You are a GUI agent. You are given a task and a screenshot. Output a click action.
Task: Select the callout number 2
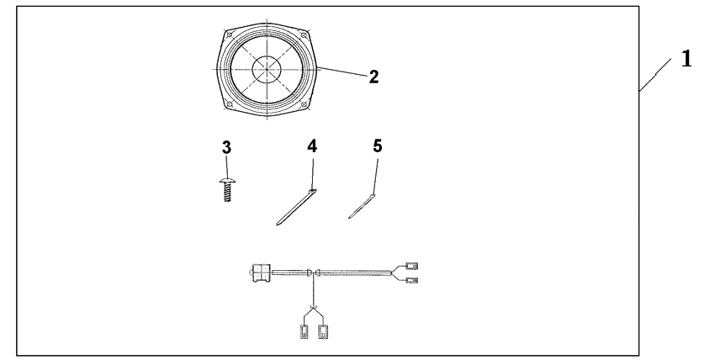click(373, 77)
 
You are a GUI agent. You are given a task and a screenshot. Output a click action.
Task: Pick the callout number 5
click(377, 146)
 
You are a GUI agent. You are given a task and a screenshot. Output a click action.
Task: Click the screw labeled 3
click(225, 186)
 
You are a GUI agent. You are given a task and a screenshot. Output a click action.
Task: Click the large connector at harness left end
click(259, 272)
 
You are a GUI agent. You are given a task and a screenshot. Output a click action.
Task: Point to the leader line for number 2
click(341, 74)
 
